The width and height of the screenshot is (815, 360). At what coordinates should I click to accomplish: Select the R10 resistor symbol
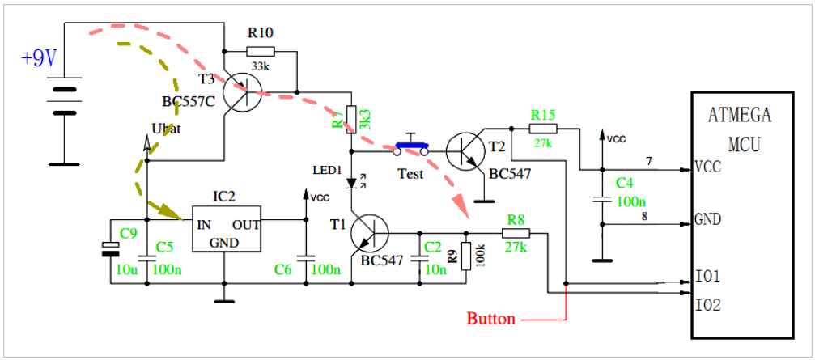tap(261, 50)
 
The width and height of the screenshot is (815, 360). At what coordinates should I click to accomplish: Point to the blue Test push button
tap(412, 146)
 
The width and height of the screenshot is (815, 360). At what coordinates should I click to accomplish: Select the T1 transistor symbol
tap(369, 232)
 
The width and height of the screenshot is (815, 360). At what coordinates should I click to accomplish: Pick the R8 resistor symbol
tap(516, 233)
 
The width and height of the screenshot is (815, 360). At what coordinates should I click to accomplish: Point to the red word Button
tap(490, 319)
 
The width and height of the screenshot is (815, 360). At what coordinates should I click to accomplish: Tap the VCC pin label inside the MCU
tap(708, 167)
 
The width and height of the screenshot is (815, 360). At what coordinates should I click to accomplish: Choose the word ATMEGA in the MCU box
tap(739, 115)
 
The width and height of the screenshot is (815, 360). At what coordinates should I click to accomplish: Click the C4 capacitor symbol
tap(601, 200)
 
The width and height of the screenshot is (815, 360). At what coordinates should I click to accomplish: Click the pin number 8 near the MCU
tap(644, 214)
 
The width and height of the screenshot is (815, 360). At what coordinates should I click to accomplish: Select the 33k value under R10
tap(261, 66)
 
